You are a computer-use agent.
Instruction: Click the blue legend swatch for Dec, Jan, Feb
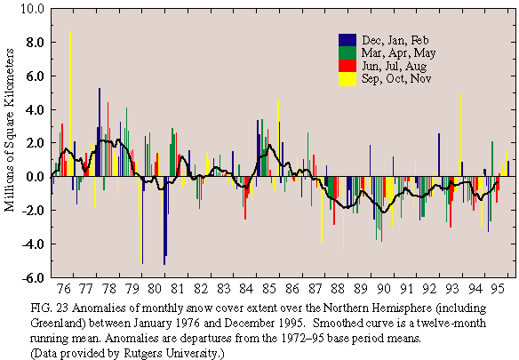click(x=347, y=40)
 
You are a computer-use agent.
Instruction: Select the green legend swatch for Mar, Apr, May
click(x=347, y=53)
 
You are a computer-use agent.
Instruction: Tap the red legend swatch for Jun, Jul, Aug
click(x=347, y=66)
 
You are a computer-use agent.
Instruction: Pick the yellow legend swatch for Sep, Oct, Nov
click(x=347, y=79)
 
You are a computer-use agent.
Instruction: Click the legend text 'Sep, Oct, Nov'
click(x=396, y=79)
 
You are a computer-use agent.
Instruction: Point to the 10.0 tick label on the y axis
click(x=32, y=9)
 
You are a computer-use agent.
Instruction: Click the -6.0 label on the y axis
click(x=33, y=277)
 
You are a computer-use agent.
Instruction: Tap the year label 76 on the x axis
click(x=64, y=289)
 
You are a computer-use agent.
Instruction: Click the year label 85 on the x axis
click(x=268, y=289)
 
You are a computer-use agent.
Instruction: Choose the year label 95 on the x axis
click(x=498, y=289)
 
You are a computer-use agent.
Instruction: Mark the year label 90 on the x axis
click(x=383, y=289)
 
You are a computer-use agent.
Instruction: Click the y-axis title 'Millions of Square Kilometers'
click(x=9, y=130)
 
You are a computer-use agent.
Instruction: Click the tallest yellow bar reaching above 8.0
click(x=70, y=104)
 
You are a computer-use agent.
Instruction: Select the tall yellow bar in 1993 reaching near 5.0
click(x=460, y=135)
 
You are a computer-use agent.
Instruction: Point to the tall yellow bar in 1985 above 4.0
click(x=278, y=138)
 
